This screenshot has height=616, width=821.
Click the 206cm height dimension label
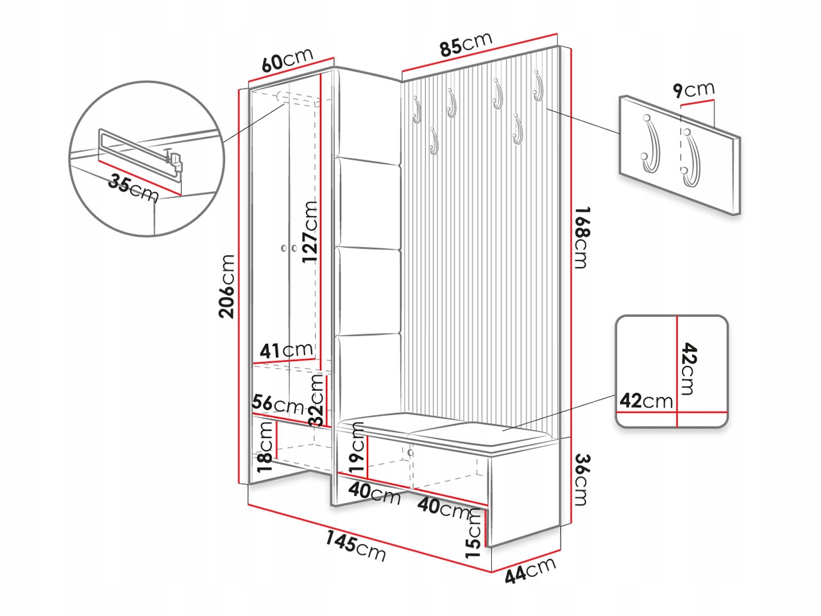click(x=227, y=286)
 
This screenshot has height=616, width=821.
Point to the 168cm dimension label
click(x=581, y=237)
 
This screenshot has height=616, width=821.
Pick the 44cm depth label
click(x=530, y=570)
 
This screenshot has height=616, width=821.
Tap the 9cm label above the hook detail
click(x=693, y=90)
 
